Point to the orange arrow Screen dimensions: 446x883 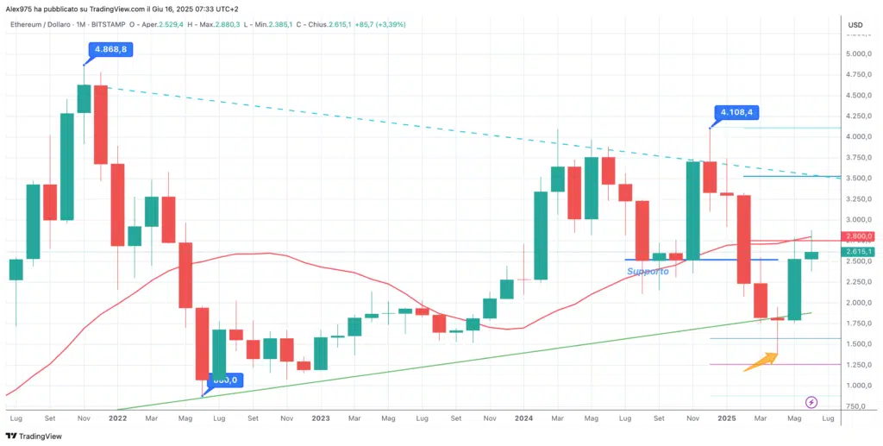click(x=759, y=360)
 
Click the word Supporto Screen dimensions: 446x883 click(x=648, y=271)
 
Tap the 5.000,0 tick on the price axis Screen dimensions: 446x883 click(x=859, y=53)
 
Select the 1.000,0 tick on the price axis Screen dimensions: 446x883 click(x=859, y=386)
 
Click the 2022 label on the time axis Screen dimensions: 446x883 click(x=118, y=418)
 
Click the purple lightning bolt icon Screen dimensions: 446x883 click(x=811, y=402)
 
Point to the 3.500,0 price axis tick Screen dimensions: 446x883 click(x=859, y=178)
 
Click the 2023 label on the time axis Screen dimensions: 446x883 click(x=321, y=418)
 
